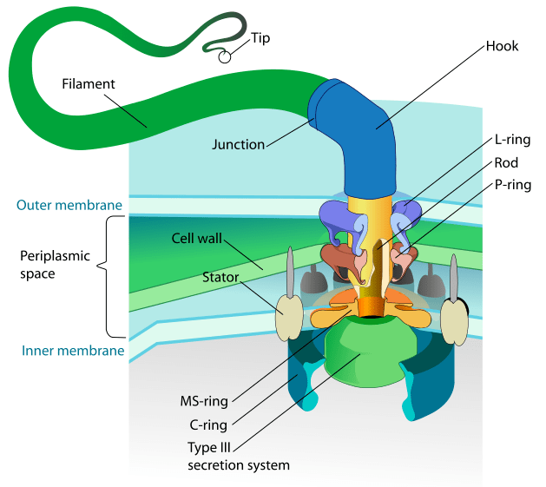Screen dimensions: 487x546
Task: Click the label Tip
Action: click(x=260, y=38)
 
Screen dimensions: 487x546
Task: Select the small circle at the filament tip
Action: click(x=225, y=57)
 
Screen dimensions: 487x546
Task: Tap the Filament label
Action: click(x=89, y=84)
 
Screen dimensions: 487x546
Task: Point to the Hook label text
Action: click(x=503, y=45)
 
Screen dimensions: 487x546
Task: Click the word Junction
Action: click(x=239, y=145)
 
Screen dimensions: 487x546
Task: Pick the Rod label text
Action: click(x=506, y=162)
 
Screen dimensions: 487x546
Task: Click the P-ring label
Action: click(x=512, y=185)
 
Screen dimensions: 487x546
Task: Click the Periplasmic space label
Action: click(x=49, y=265)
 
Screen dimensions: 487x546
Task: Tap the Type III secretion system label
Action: click(x=239, y=457)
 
